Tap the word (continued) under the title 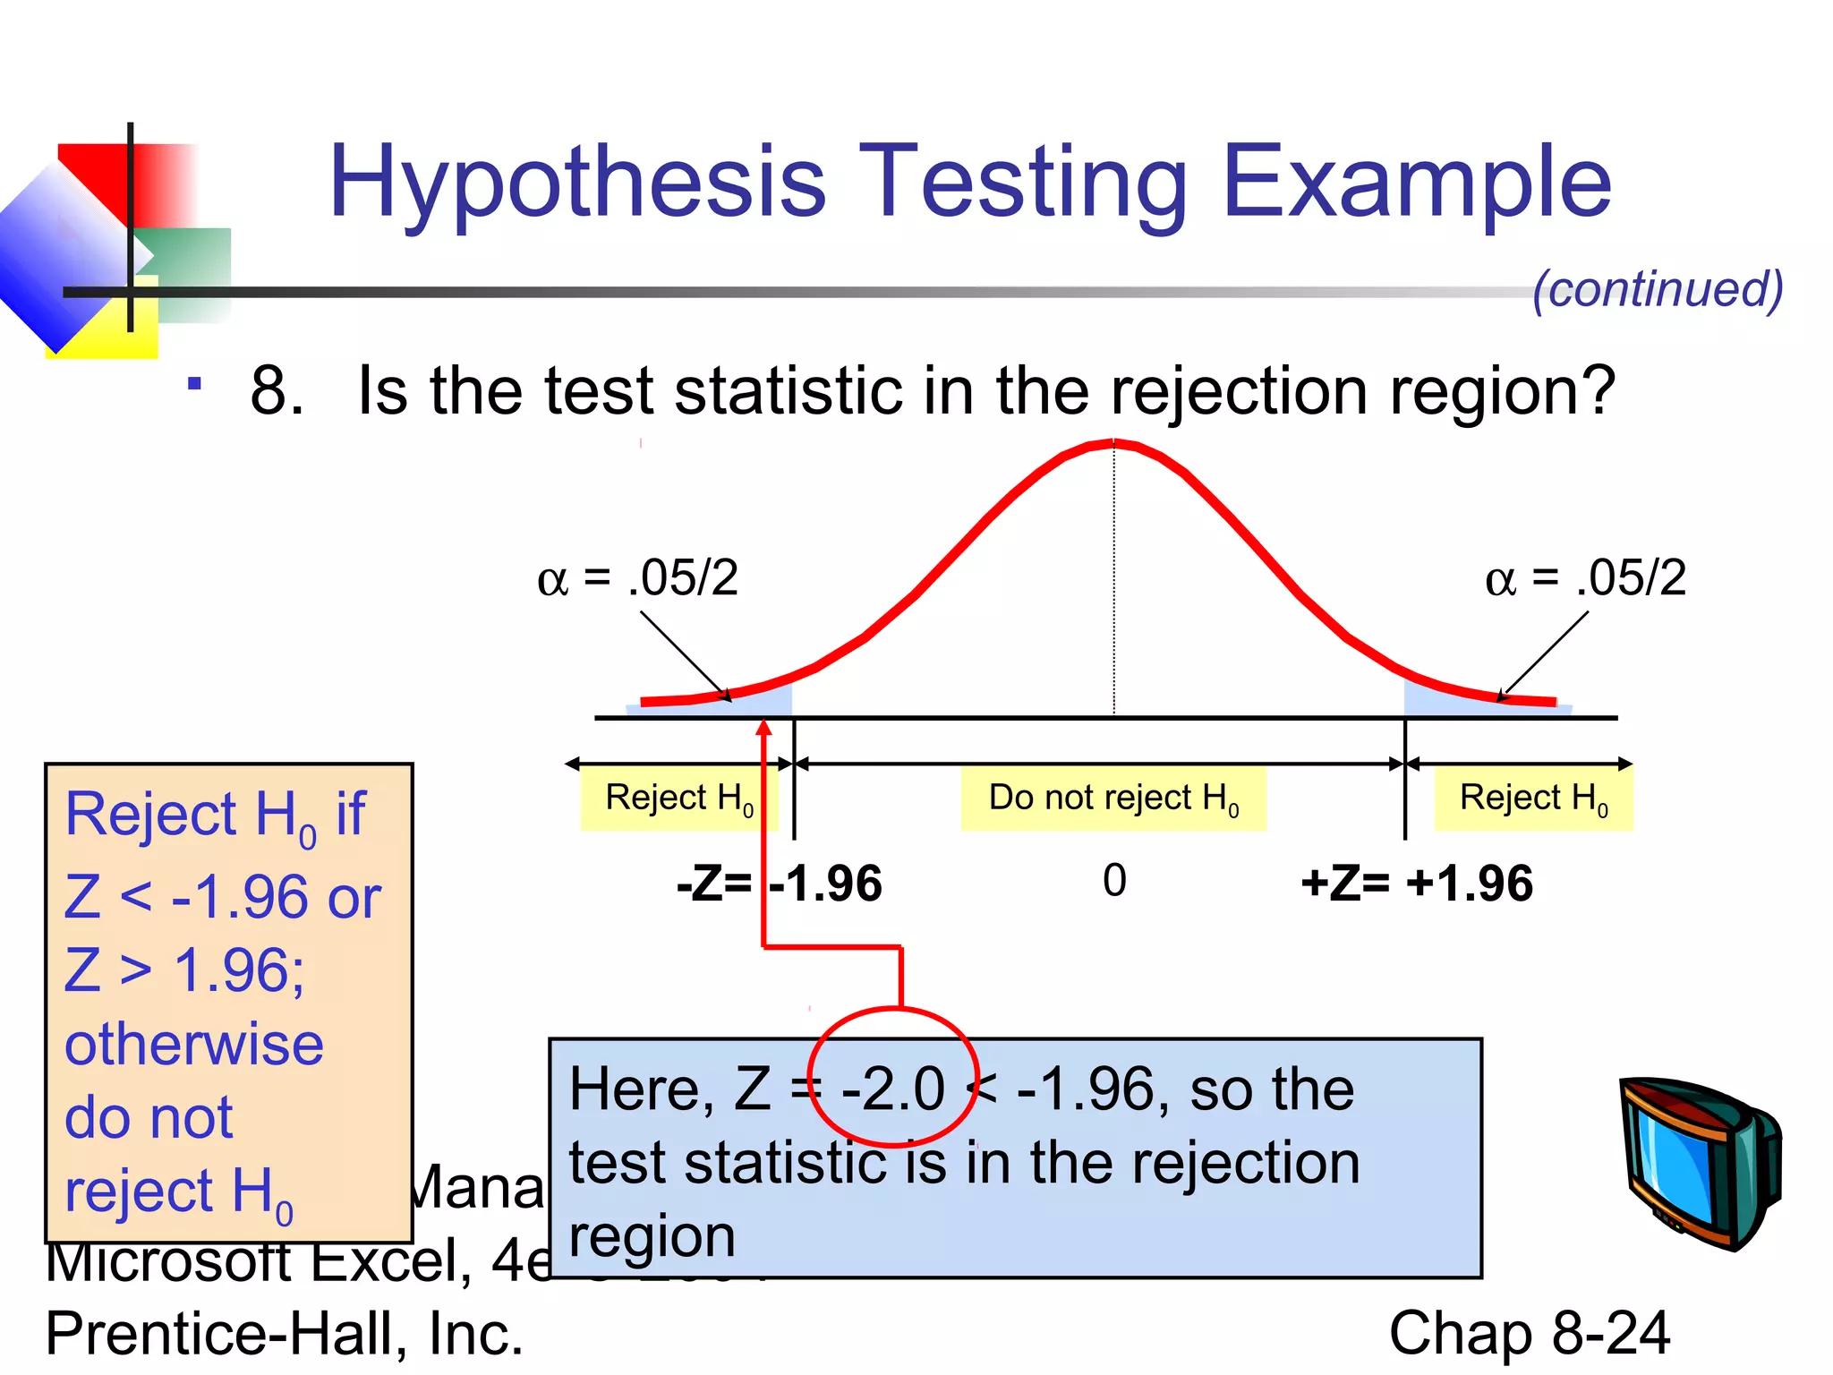(1658, 289)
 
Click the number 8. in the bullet (277, 391)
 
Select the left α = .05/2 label (637, 577)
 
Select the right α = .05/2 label (1585, 577)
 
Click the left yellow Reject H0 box (678, 798)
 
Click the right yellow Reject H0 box (1533, 798)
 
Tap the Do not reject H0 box (1113, 798)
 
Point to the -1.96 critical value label (825, 884)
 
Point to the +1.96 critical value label (1470, 884)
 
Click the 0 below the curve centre (1114, 881)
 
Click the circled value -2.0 (893, 1089)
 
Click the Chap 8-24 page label (1530, 1333)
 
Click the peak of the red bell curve (1113, 442)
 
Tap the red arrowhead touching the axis (763, 728)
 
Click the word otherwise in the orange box (194, 1045)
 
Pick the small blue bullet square (194, 384)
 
